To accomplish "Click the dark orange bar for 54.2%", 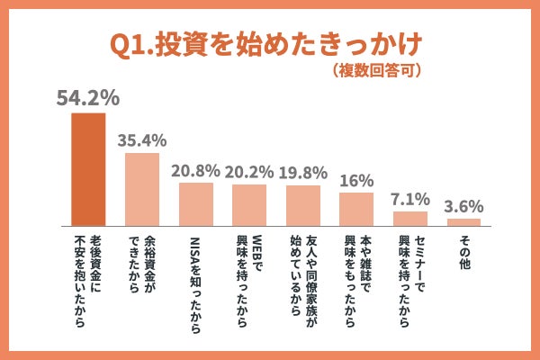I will click(88, 168).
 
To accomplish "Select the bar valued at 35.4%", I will click(141, 189).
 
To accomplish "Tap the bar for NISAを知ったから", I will click(195, 204).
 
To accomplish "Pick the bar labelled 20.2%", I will click(249, 205).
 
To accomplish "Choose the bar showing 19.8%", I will click(302, 205).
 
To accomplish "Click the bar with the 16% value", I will click(356, 209).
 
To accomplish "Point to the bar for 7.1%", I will click(410, 219).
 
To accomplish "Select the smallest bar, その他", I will click(464, 221).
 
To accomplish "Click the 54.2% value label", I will click(87, 98).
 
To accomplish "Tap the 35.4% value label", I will click(142, 139).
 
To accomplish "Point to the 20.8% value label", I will click(195, 170).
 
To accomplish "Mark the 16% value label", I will click(356, 179).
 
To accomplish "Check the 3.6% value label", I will click(464, 205).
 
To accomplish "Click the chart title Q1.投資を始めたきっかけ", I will click(265, 45).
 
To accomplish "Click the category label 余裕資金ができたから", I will click(141, 270).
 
